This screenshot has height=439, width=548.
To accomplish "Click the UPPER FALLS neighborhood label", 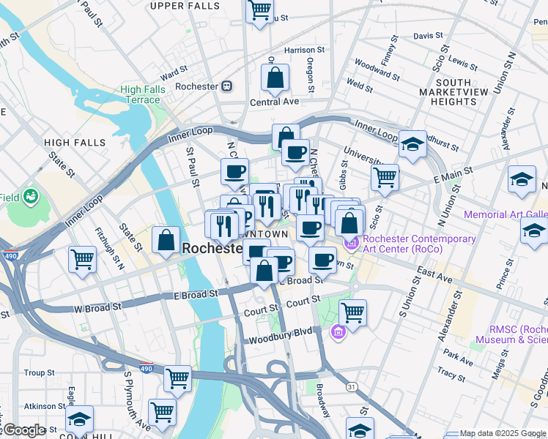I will click(x=184, y=6).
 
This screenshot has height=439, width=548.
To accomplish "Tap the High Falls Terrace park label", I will click(x=141, y=94).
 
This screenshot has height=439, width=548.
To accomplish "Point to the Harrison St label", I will click(x=299, y=50).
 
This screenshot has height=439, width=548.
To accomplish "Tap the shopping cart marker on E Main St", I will click(x=385, y=176).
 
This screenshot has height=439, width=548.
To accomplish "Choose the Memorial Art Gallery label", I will click(x=506, y=215).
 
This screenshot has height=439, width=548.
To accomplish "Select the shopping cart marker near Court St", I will click(x=353, y=312).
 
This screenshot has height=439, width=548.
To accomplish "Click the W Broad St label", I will click(x=98, y=309).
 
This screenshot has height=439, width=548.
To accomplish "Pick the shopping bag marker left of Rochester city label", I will click(x=166, y=239).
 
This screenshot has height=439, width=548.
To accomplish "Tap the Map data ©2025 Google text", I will click(x=503, y=434).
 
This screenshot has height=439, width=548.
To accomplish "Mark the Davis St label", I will click(x=428, y=35).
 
